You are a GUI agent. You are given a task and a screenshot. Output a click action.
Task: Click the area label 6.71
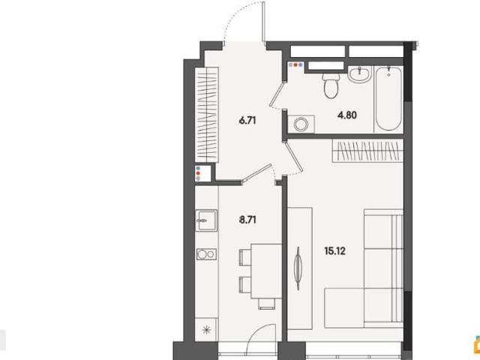247,121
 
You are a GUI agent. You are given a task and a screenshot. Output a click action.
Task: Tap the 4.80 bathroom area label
347,115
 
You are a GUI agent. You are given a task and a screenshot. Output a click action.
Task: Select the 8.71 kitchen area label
247,220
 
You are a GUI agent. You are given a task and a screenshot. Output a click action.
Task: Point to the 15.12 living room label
335,251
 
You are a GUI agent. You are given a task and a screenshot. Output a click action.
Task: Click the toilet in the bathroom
331,83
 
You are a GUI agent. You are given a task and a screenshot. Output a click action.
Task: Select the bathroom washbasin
360,74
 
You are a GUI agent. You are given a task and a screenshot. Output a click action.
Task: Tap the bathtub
388,98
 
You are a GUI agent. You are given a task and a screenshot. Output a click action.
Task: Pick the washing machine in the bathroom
301,124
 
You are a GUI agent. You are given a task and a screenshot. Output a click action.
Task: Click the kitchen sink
206,220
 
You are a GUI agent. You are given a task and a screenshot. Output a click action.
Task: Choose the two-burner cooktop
206,254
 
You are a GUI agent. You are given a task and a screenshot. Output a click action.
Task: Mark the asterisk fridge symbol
207,330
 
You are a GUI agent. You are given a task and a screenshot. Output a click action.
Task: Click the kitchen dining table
266,271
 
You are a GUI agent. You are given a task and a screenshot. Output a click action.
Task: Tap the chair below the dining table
267,304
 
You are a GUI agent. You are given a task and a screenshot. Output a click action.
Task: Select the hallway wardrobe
207,115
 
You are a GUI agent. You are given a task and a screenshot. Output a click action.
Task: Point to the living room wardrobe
367,151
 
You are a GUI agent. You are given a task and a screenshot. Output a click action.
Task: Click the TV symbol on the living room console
298,268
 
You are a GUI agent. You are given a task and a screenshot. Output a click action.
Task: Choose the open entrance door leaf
263,22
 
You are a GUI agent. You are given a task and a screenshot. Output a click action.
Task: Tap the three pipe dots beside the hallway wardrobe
198,173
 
